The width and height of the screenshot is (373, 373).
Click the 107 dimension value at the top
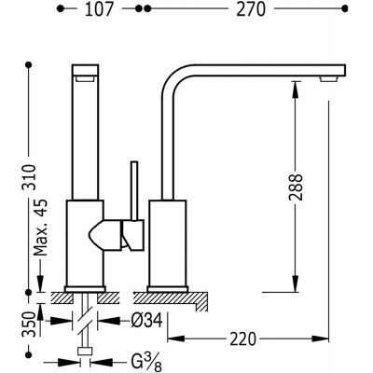click(99, 9)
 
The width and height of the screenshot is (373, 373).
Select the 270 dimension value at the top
click(251, 9)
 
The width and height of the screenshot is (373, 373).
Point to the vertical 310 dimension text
click(30, 177)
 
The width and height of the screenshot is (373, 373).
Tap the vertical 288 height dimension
click(295, 187)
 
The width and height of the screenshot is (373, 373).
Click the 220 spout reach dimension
click(243, 338)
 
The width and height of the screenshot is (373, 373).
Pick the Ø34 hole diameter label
click(146, 320)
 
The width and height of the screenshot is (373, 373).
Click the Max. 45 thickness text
click(41, 228)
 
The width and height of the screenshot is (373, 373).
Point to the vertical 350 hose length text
click(30, 324)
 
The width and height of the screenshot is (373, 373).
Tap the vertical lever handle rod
click(134, 191)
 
